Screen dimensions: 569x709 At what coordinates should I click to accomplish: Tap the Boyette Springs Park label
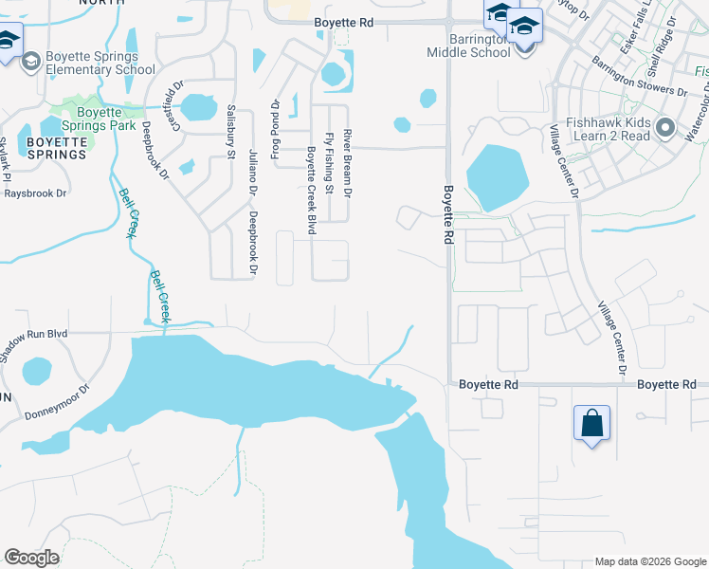coord(98,118)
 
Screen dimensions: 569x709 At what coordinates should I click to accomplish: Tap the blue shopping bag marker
coord(591,422)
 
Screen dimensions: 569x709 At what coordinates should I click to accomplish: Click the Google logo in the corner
coord(31,558)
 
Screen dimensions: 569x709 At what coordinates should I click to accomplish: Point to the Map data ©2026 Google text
coord(649,561)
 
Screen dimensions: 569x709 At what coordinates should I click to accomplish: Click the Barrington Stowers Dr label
coord(639,76)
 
